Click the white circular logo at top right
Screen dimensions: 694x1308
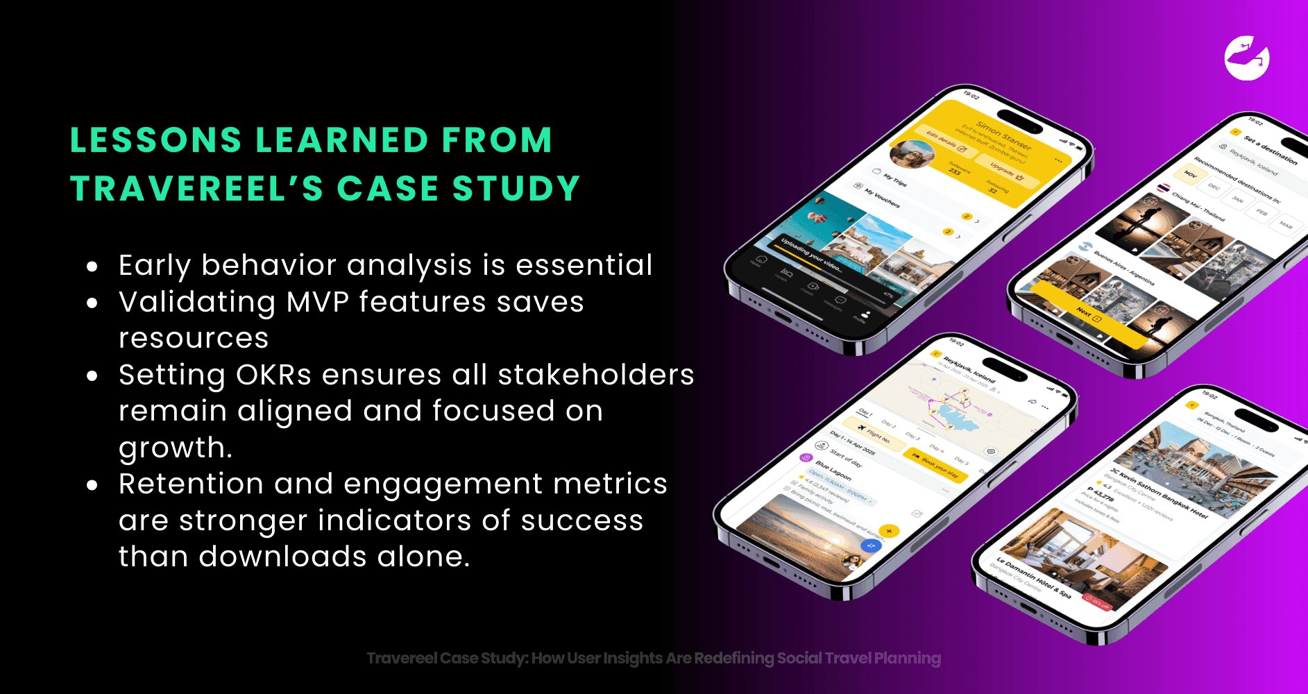pyautogui.click(x=1247, y=58)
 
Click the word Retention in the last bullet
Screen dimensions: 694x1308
pyautogui.click(x=191, y=484)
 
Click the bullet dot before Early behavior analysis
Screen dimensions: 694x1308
pyautogui.click(x=92, y=266)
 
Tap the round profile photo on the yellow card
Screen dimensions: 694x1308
pyautogui.click(x=912, y=153)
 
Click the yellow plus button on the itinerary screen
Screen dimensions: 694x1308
pyautogui.click(x=889, y=531)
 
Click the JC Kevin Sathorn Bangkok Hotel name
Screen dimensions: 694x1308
pyautogui.click(x=1158, y=493)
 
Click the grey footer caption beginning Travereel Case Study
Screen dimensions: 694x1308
pyautogui.click(x=654, y=658)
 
